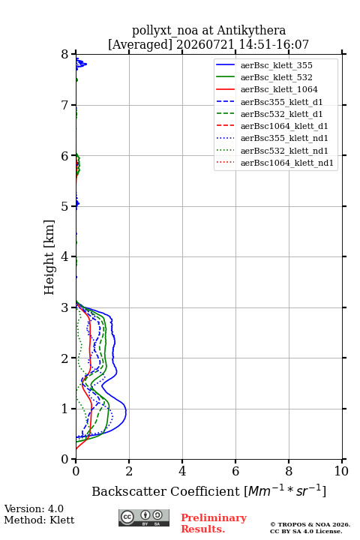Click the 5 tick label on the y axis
tap(65, 206)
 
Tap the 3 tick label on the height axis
tap(65, 307)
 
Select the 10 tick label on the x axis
tap(341, 471)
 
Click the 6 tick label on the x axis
tap(235, 471)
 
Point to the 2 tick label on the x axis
tap(129, 471)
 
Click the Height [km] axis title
tap(49, 257)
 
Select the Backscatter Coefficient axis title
tap(208, 491)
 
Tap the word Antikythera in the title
tap(251, 31)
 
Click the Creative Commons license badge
tap(144, 517)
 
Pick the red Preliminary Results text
tap(214, 523)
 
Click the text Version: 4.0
tap(34, 509)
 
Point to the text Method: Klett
tap(39, 520)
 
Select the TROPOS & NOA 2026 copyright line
tap(310, 524)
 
